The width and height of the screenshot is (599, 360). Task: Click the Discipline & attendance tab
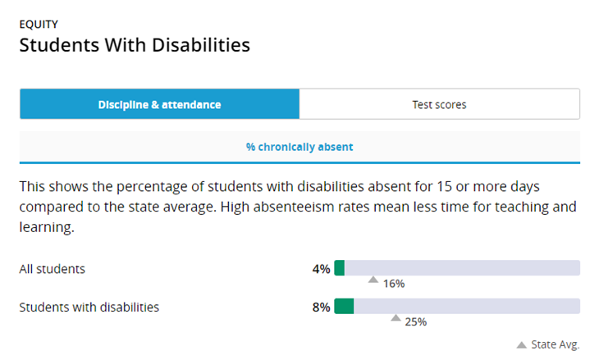pos(160,104)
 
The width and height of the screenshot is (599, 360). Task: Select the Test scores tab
pos(439,104)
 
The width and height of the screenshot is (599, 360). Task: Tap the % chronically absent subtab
pos(299,147)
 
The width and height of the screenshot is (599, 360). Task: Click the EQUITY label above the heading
pos(39,25)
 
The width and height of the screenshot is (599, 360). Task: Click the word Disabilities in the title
pos(201,45)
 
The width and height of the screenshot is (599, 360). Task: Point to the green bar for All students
pos(339,267)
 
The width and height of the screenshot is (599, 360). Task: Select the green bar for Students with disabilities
pos(344,306)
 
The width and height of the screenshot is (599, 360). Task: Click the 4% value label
pos(321,269)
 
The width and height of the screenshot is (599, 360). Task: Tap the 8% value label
pos(321,307)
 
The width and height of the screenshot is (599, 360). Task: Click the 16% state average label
pos(394,284)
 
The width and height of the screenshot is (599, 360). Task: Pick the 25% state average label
pos(416,321)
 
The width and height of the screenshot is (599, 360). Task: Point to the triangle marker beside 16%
pos(373,280)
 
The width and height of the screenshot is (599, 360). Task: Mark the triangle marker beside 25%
pos(396,317)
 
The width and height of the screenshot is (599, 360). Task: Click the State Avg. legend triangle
pos(521,345)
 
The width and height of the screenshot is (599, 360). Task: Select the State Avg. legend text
pos(555,344)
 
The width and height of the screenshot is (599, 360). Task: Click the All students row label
pos(53,269)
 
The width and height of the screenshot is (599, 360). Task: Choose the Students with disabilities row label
pos(89,307)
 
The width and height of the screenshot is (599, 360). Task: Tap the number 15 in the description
pos(444,187)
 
